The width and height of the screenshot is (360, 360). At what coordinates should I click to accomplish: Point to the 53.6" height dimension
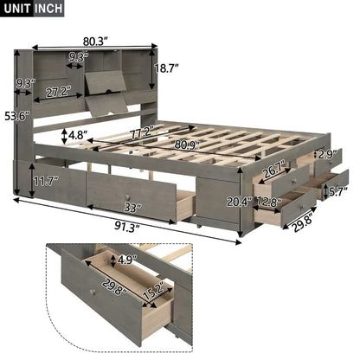[16, 115]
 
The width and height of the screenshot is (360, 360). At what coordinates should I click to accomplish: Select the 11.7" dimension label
[44, 181]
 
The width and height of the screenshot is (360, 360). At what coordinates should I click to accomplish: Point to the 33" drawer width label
[132, 208]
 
